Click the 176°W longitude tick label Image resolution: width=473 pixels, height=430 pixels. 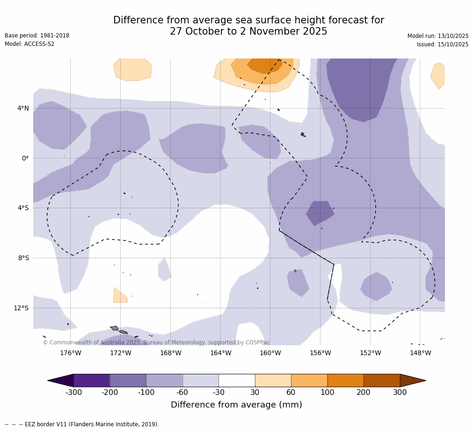point(70,353)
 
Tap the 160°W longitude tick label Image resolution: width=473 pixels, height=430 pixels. point(270,353)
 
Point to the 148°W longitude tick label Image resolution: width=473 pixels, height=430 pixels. point(420,353)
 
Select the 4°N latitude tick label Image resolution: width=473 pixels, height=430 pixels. point(23,108)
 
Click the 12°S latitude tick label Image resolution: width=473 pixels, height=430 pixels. point(21,308)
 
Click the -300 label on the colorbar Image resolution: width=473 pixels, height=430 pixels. point(73,393)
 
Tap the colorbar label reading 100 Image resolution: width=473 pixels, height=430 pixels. point(327,393)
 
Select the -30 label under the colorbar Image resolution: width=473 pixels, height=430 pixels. point(218,393)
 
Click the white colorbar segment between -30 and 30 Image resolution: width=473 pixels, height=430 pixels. point(237,380)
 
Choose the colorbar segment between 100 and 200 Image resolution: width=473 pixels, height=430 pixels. point(345,380)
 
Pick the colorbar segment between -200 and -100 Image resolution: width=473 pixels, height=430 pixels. point(128,380)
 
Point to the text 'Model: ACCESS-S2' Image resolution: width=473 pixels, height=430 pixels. point(29,44)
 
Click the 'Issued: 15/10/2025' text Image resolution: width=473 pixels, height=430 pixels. point(443,44)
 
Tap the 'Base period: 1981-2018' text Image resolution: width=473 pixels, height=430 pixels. point(37,36)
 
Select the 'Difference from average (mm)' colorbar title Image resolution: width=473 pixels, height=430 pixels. point(236,405)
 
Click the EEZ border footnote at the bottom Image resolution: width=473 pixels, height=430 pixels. point(82,424)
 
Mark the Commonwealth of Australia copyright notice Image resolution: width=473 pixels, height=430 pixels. point(156,343)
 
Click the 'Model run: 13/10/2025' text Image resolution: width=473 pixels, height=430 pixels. point(438,36)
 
